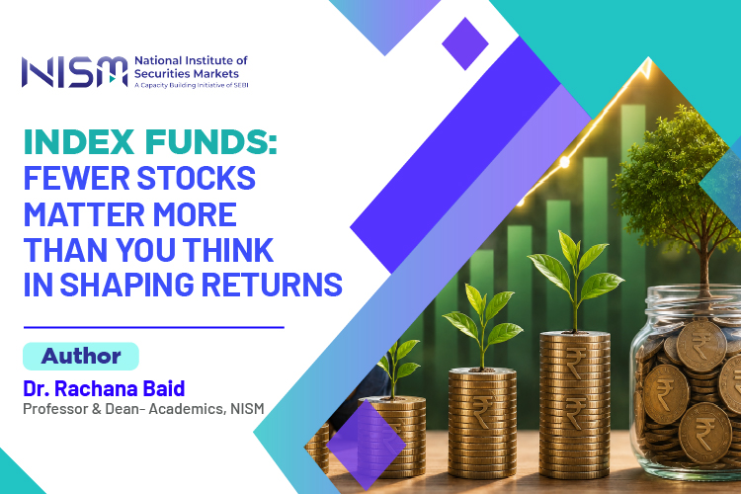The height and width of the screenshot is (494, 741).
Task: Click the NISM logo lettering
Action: (x=75, y=72)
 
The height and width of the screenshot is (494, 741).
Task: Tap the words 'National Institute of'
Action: (x=191, y=60)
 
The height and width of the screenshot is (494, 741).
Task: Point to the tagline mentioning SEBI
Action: (x=192, y=85)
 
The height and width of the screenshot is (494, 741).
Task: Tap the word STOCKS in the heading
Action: (x=197, y=178)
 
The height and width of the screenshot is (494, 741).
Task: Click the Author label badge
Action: (x=81, y=356)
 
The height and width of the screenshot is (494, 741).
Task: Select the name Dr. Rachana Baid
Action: (x=104, y=388)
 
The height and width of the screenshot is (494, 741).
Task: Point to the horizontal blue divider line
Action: (x=153, y=327)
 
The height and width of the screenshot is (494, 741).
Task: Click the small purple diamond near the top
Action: (x=465, y=43)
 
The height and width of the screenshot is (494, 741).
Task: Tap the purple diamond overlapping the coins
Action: (x=366, y=445)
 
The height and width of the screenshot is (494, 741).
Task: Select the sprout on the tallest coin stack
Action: (x=575, y=280)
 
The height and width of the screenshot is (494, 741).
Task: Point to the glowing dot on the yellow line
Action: (x=564, y=163)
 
